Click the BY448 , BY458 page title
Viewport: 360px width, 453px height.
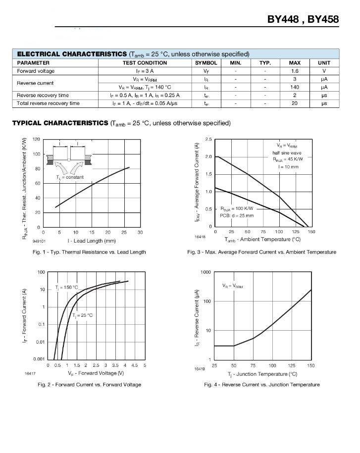point(303,19)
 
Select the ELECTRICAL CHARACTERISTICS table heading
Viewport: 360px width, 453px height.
point(72,53)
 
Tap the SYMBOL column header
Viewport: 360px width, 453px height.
point(206,63)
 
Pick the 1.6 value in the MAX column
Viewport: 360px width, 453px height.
point(294,71)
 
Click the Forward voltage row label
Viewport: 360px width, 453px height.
point(36,71)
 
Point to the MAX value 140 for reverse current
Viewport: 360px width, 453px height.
point(294,87)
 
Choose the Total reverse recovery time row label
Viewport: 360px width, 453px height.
point(48,103)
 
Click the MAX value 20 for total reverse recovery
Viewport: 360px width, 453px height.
point(294,103)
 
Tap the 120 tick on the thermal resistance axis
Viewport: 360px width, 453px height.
point(37,139)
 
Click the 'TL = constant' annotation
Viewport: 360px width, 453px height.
point(70,177)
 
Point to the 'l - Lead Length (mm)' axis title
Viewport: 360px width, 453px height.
point(92,241)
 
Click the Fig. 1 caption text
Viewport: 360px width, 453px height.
point(90,252)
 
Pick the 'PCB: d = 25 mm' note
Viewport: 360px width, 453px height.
point(237,215)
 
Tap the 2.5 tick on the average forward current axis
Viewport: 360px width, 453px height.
point(208,139)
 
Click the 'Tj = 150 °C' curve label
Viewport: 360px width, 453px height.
point(67,287)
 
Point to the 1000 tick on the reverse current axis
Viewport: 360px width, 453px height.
point(206,272)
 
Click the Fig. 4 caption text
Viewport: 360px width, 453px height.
point(261,385)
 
